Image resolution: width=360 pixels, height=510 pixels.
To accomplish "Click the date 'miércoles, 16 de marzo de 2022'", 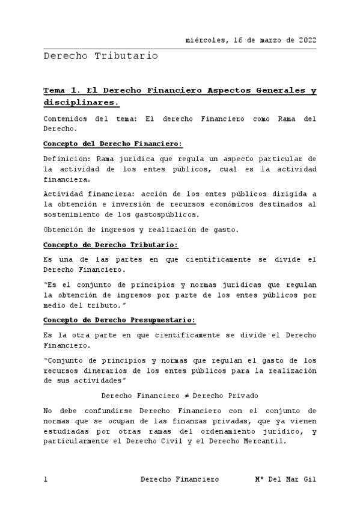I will pos(251,40).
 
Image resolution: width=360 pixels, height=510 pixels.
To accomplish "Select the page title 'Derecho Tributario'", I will pos(100,56).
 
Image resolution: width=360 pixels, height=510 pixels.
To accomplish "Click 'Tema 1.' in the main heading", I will pos(62,91).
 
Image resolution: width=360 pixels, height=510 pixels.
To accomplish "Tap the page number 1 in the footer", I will pos(46,479).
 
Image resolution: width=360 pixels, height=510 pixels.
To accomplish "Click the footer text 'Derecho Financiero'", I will pos(179,479).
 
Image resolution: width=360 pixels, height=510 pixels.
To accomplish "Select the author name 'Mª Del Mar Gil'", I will pos(285,479).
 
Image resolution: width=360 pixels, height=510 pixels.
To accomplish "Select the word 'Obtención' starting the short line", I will pos(63,230).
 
